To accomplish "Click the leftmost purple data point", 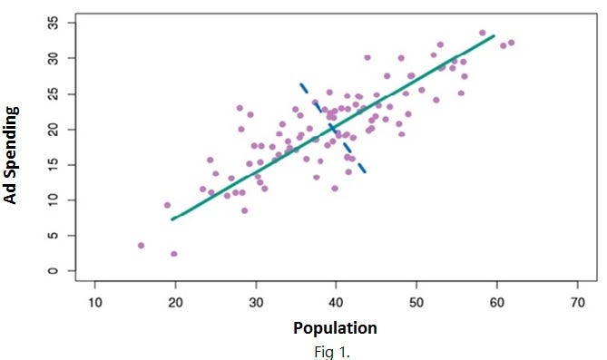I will click(x=141, y=245).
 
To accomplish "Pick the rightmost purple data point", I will click(x=511, y=42).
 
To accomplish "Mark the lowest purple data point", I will click(x=174, y=254).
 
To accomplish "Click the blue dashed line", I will click(x=333, y=128).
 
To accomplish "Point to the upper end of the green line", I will click(x=493, y=36).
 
